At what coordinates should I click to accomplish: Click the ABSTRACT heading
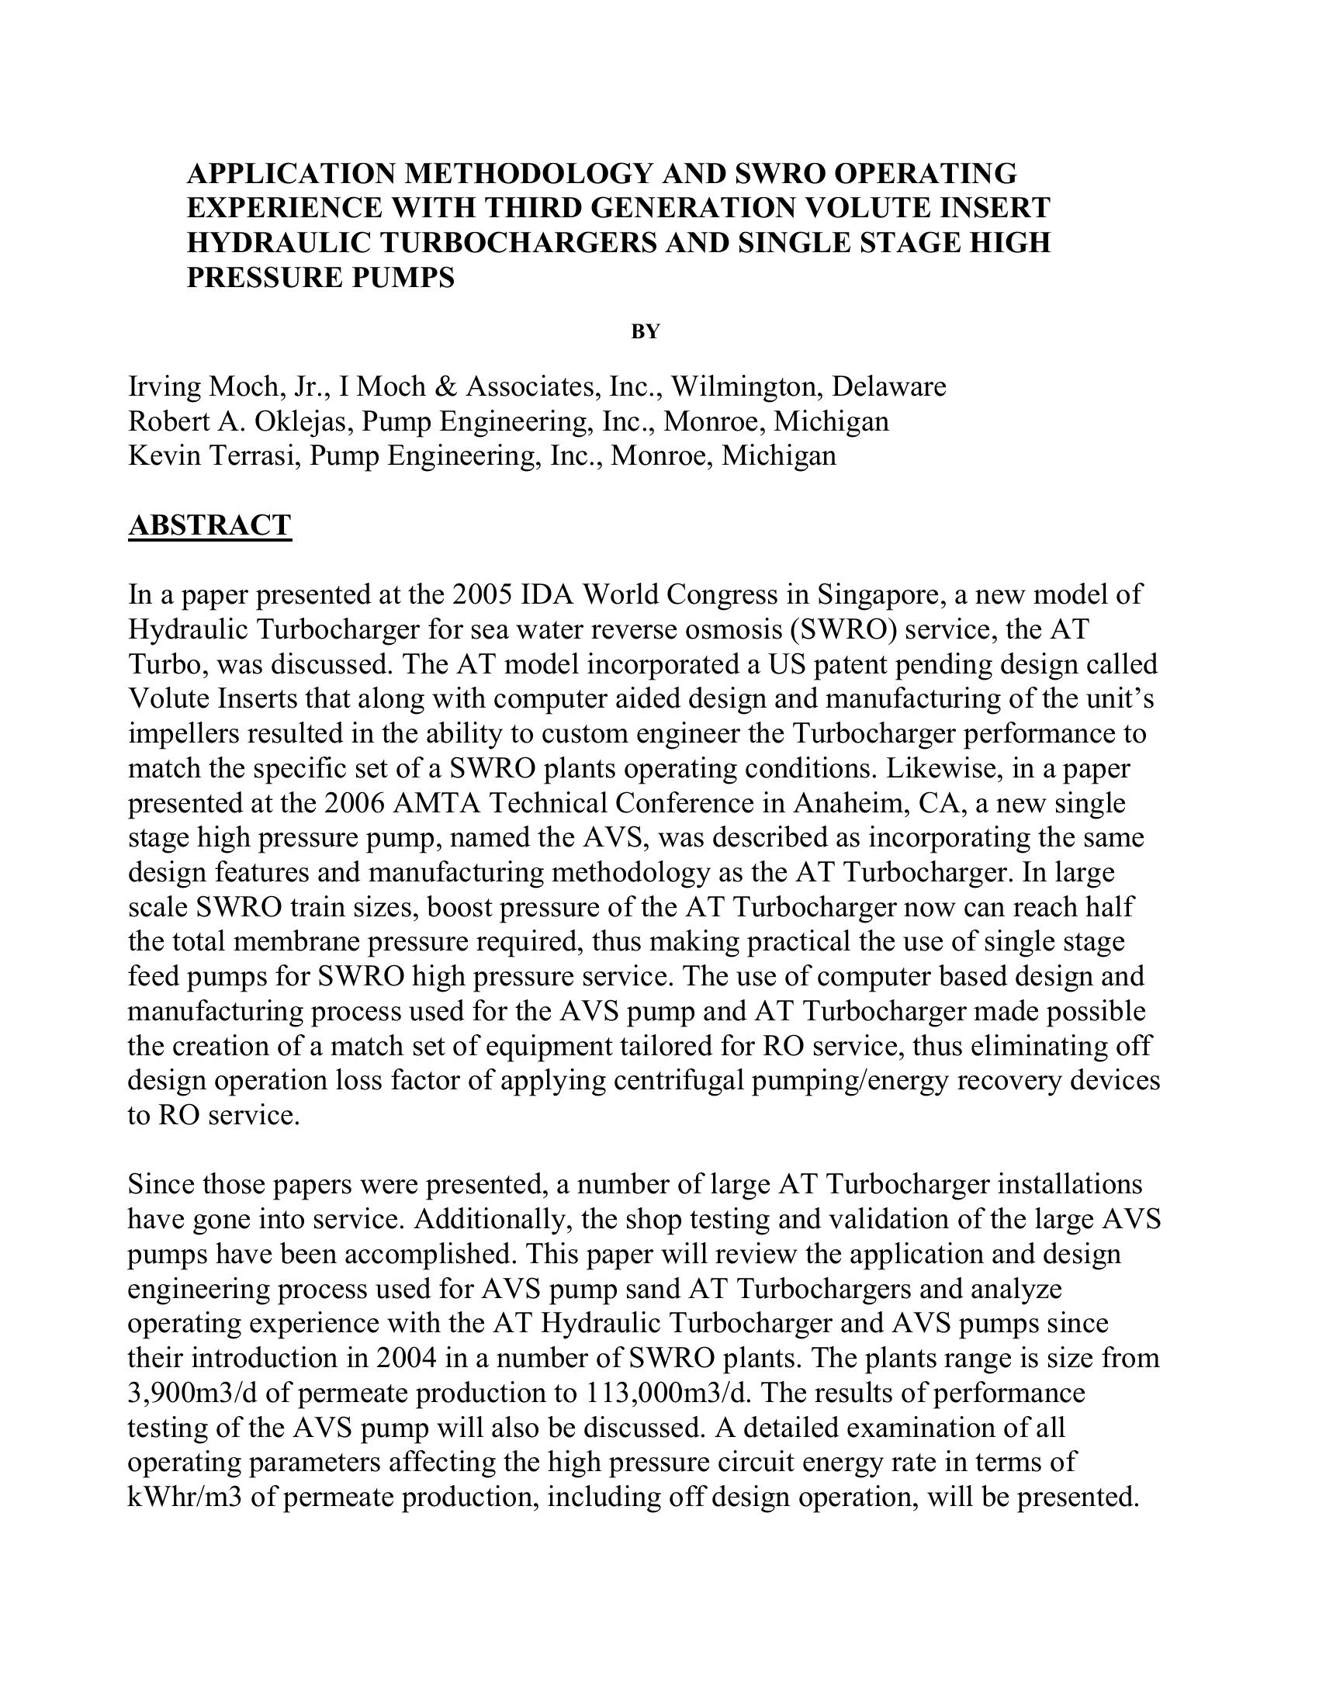coord(209,525)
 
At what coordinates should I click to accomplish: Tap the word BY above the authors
coord(646,332)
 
